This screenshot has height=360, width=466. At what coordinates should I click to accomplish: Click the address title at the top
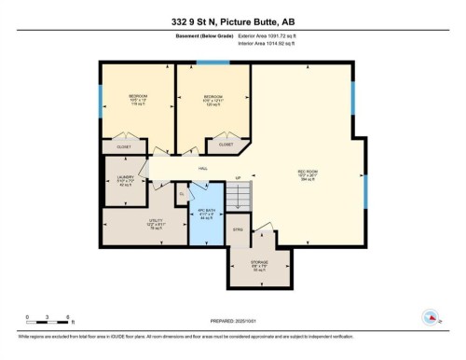233,21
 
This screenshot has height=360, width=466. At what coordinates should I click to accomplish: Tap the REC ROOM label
307,175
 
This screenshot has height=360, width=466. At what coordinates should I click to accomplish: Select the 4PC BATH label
206,212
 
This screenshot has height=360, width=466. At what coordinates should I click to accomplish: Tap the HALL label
200,168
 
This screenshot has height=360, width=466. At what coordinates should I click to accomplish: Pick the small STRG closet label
239,228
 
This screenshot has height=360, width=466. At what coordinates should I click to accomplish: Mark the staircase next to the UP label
241,196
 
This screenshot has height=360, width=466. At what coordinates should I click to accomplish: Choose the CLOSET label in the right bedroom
226,145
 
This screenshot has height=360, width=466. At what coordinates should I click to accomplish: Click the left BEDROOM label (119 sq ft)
138,99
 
